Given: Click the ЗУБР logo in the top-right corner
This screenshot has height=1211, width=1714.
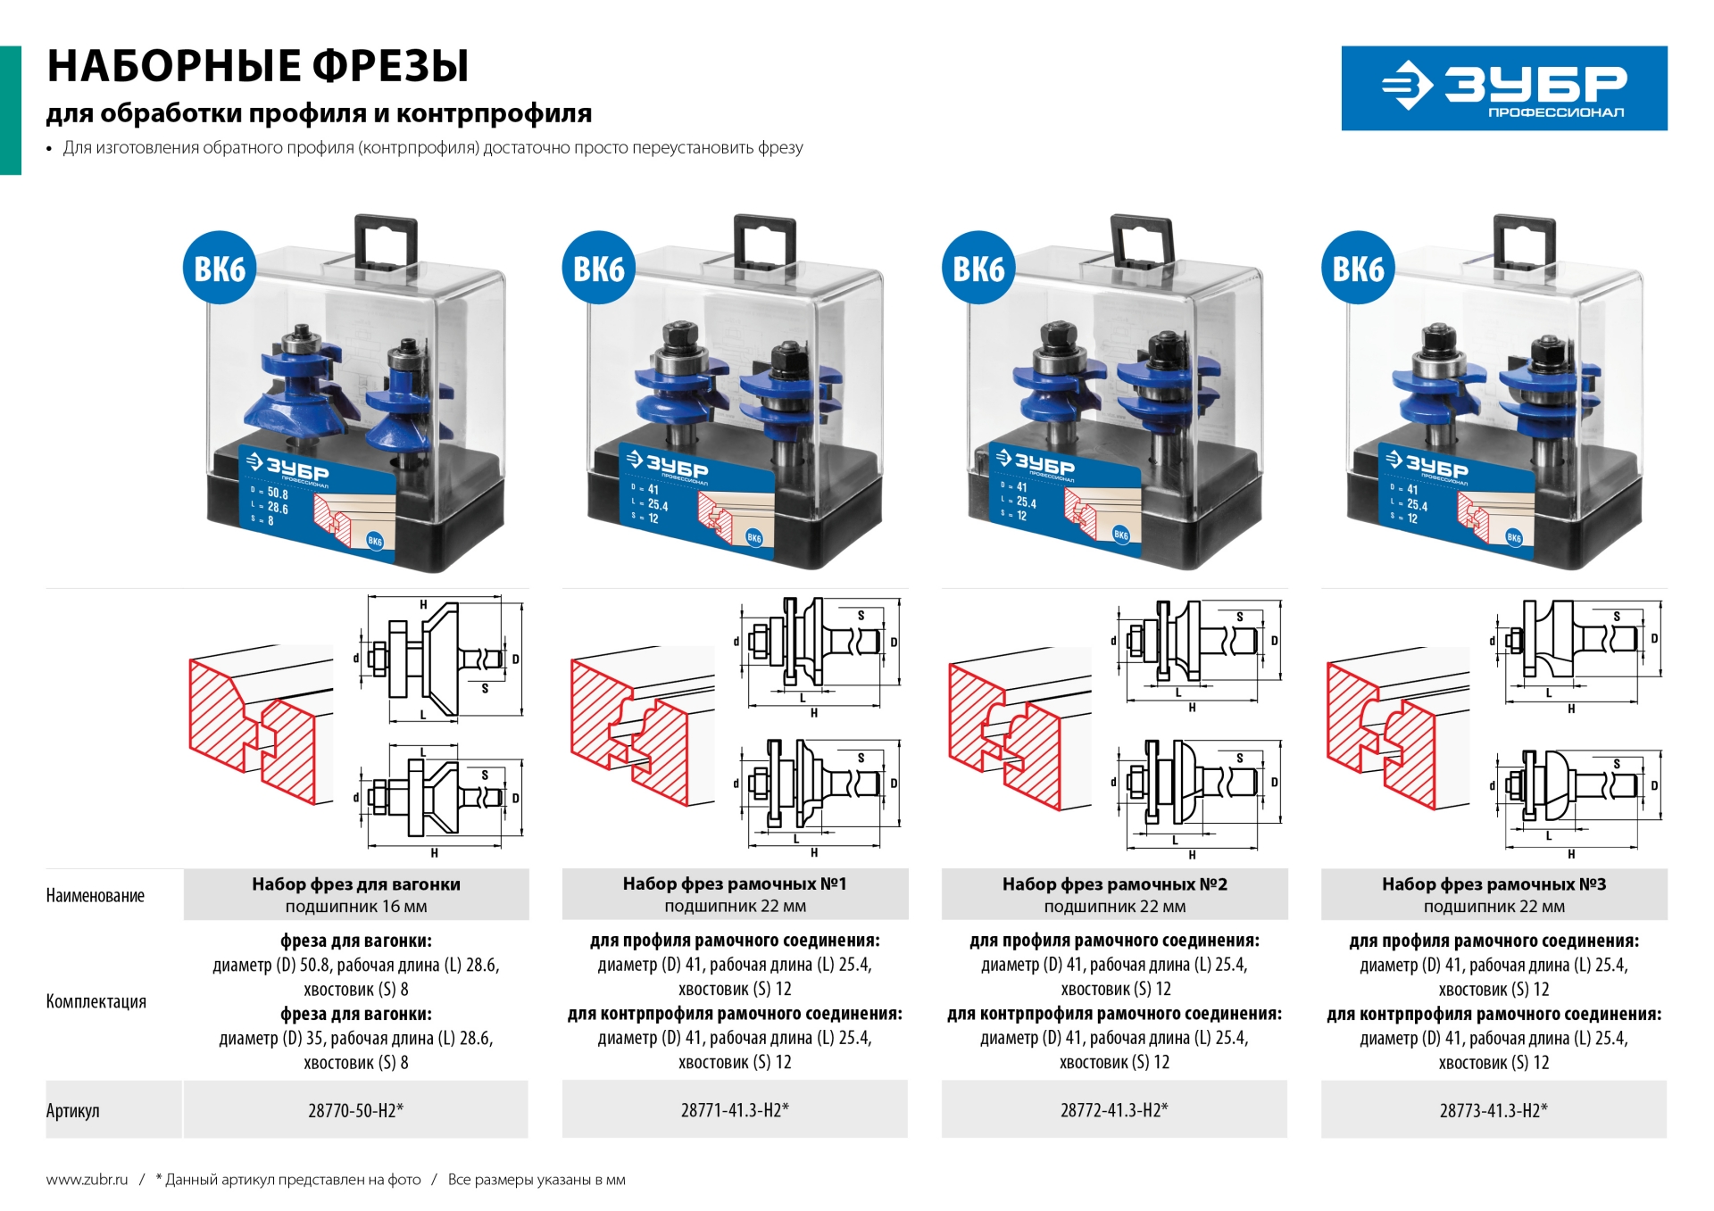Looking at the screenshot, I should pos(1503,88).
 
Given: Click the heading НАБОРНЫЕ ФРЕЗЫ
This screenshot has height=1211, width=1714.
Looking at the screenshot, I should pos(257,66).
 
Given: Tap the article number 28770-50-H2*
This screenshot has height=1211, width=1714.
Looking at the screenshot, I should pos(355,1110).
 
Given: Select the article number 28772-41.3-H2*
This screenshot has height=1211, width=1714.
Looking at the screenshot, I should pos(1114,1110).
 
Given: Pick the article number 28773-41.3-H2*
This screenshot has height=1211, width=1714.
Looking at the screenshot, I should pos(1494,1110).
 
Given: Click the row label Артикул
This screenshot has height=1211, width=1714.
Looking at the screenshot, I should pos(73,1111).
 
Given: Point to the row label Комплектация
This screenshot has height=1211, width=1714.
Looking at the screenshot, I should pos(96,1001).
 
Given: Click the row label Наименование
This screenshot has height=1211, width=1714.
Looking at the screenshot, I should pos(95,896).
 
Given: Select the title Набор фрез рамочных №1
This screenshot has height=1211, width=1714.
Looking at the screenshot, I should pos(735,883).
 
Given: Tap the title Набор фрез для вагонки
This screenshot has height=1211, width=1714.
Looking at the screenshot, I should pos(355,884).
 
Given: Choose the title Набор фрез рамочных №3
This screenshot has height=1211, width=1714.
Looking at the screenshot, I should pos(1494,884).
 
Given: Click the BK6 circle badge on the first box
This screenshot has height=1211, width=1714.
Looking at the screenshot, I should pos(219,269).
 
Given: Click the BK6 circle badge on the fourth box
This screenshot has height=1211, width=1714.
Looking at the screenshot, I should pos(1357,269).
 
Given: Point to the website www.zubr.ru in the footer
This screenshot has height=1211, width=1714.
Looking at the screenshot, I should pos(87,1180).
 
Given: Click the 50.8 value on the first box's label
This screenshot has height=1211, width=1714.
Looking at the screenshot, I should pos(278,493).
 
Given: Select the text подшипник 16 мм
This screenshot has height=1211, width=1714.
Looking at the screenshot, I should pos(355,907).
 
